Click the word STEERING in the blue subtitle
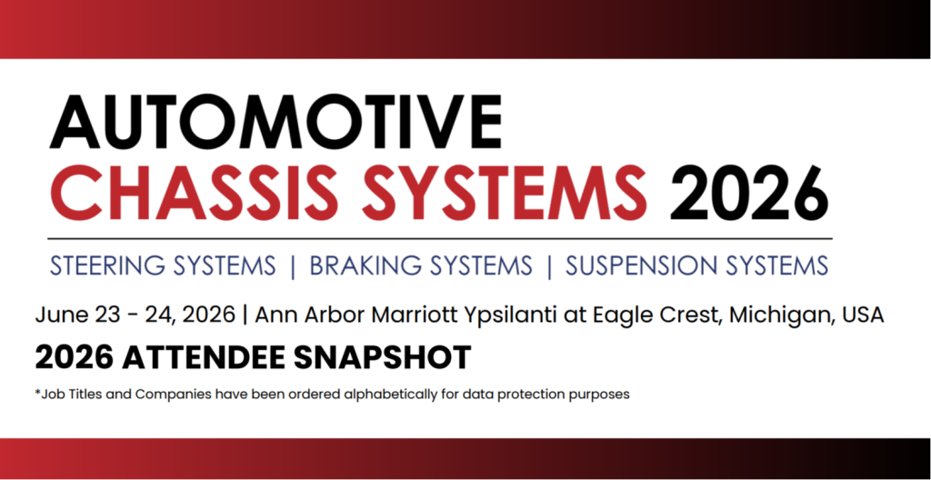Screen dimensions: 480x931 [x=105, y=265]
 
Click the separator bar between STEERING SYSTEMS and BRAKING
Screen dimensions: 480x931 [x=292, y=265]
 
